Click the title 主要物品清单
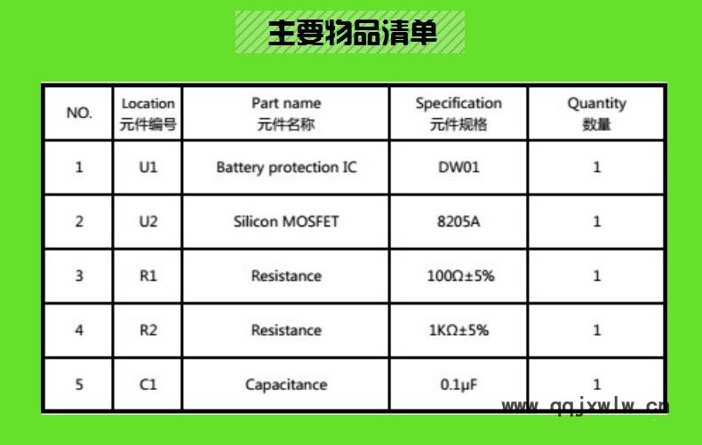353,32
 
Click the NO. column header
79,113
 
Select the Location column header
148,114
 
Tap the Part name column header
286,114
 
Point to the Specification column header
459,114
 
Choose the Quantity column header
597,114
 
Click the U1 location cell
148,168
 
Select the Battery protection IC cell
286,168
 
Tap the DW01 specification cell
459,168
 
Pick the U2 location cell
148,221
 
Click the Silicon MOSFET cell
286,221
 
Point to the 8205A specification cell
459,221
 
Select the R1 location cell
148,275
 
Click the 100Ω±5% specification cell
460,275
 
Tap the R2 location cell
148,330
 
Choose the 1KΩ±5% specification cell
459,330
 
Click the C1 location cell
148,385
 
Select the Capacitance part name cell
286,385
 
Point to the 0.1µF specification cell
459,385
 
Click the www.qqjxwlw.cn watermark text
586,406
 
